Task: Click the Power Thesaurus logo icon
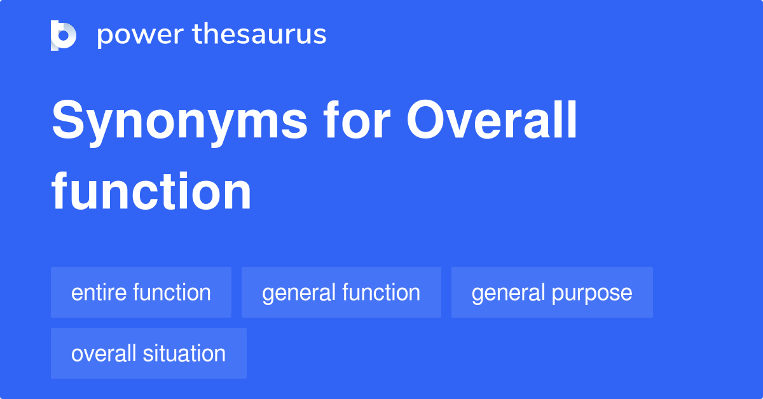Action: click(x=64, y=35)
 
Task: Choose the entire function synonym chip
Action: click(x=141, y=292)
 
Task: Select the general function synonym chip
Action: click(x=341, y=292)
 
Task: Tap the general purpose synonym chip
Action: click(x=552, y=292)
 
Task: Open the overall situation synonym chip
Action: click(x=149, y=353)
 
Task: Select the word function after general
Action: click(x=381, y=292)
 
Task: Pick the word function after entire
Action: click(x=172, y=292)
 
